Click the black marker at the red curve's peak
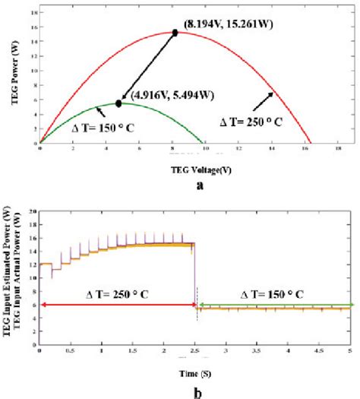pyautogui.click(x=175, y=33)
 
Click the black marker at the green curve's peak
pyautogui.click(x=118, y=103)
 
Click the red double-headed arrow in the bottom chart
pyautogui.click(x=118, y=305)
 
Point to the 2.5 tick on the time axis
pyautogui.click(x=195, y=353)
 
